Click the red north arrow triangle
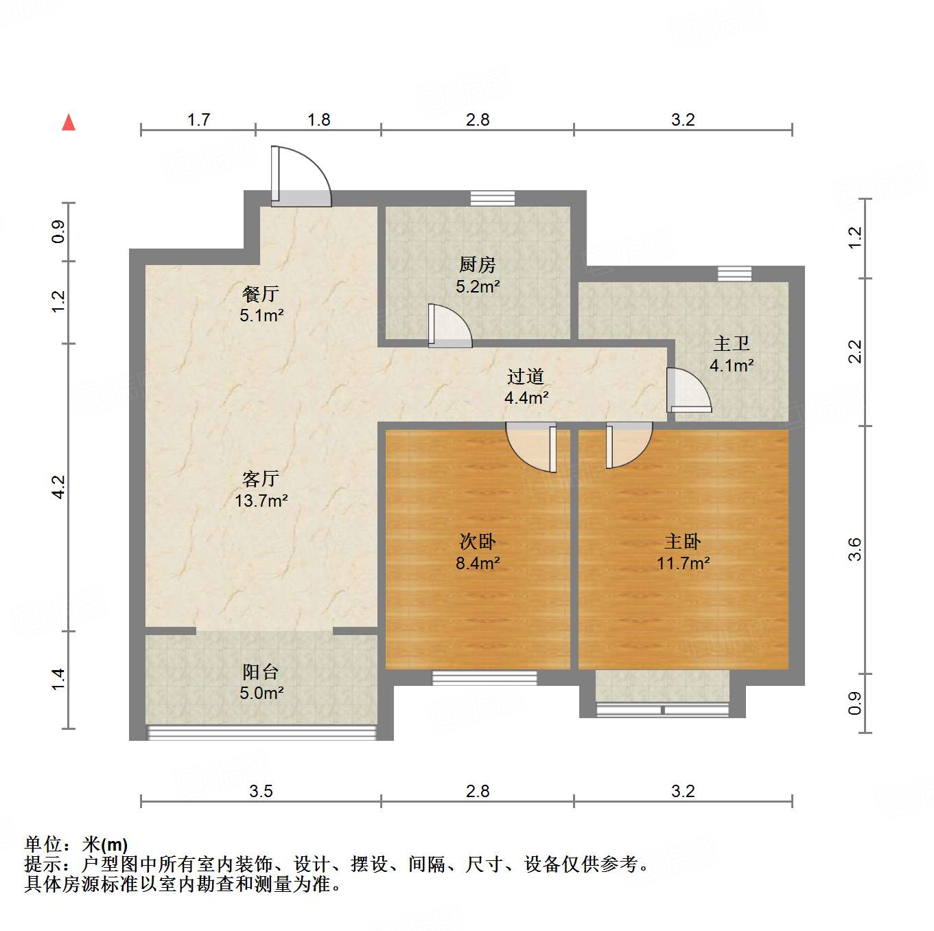click(69, 122)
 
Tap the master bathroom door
click(688, 391)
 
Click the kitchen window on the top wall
click(493, 198)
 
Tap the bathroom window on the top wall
click(734, 273)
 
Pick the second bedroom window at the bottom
click(484, 678)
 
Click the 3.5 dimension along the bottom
click(261, 791)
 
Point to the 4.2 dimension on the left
click(59, 487)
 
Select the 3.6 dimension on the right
click(854, 549)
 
